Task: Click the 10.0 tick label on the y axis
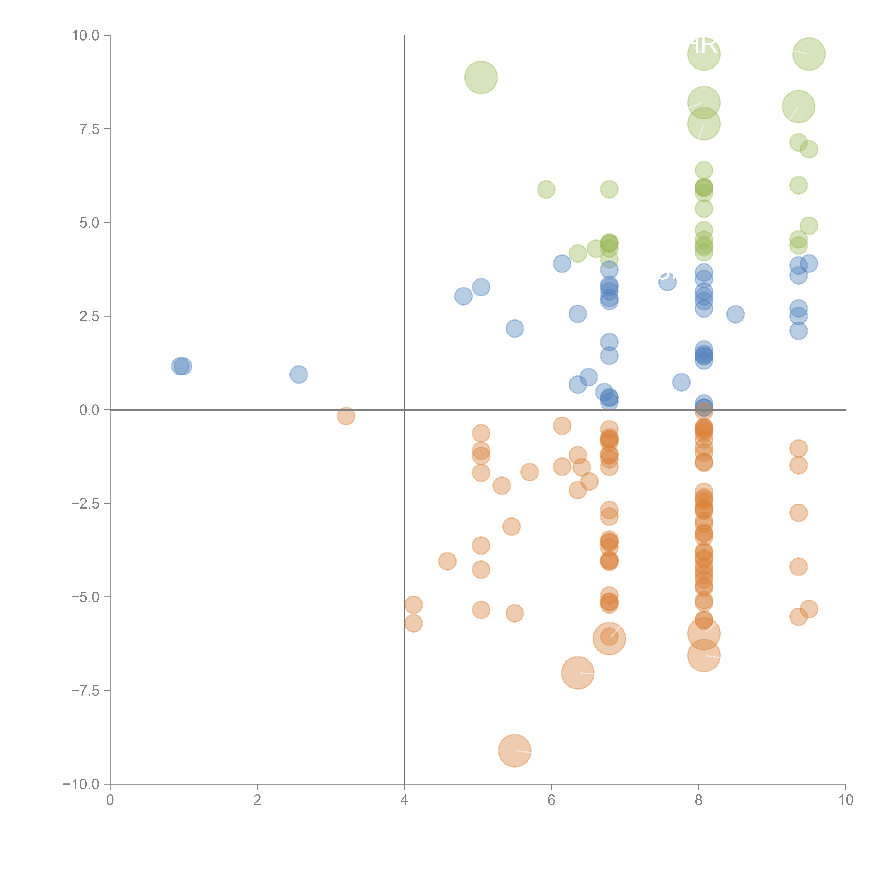[x=86, y=36]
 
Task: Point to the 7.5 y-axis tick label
[x=89, y=129]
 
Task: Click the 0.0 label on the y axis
[x=89, y=410]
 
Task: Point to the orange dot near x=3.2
[x=346, y=416]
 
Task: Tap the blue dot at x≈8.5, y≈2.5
[x=735, y=314]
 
